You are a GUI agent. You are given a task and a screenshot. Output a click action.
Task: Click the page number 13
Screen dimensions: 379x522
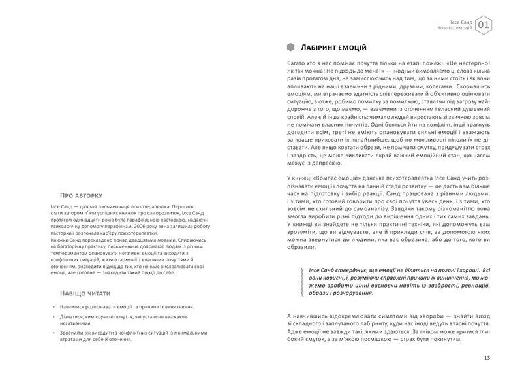[487, 357]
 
